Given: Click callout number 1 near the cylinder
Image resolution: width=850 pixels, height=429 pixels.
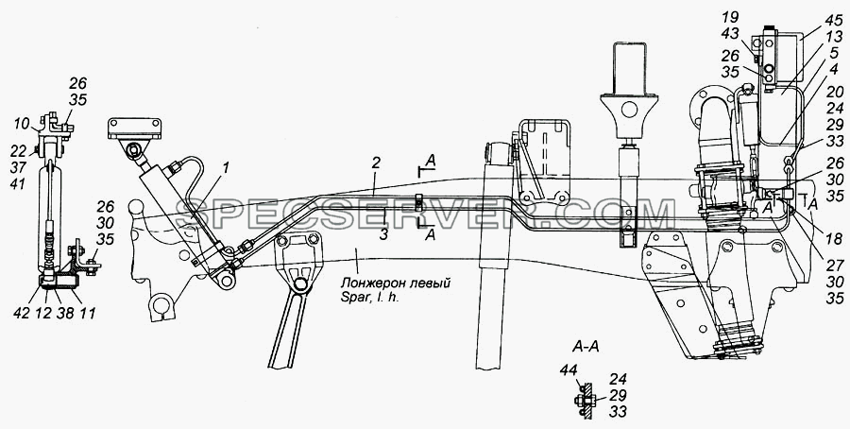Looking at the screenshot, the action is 226,168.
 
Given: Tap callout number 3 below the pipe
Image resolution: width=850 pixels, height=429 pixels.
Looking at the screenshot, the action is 383,235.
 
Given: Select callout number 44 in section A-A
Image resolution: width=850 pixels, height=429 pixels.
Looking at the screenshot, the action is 569,370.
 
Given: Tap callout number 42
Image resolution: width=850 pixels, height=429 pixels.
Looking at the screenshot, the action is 23,313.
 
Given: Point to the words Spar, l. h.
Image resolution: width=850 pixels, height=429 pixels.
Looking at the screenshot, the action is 370,298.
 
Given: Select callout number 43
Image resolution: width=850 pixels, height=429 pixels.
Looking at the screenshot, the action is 729,34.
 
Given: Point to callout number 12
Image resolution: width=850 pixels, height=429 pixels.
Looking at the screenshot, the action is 42,313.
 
